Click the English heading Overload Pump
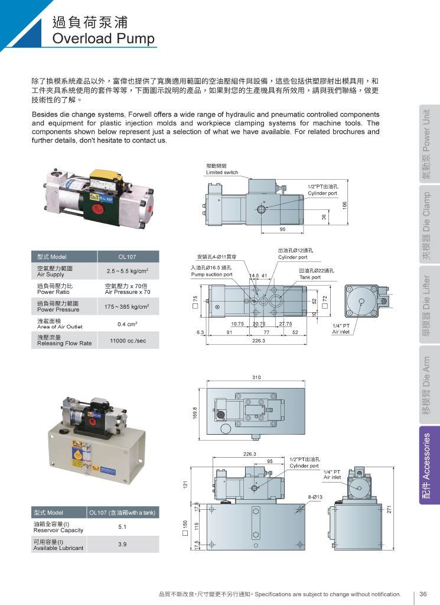point(103,38)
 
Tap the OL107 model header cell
point(127,257)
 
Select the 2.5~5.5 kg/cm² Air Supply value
point(128,271)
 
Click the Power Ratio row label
point(53,292)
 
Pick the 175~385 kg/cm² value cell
point(127,306)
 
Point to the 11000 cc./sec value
point(128,341)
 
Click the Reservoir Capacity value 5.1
point(122,527)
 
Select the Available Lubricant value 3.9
point(122,544)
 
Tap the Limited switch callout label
point(222,173)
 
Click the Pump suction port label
point(211,274)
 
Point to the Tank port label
point(310,277)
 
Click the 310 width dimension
point(256,377)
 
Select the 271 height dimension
point(389,509)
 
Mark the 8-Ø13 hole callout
point(315,497)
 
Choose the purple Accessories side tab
point(429,465)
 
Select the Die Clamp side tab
point(429,225)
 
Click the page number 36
point(423,594)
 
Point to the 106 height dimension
point(344,205)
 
